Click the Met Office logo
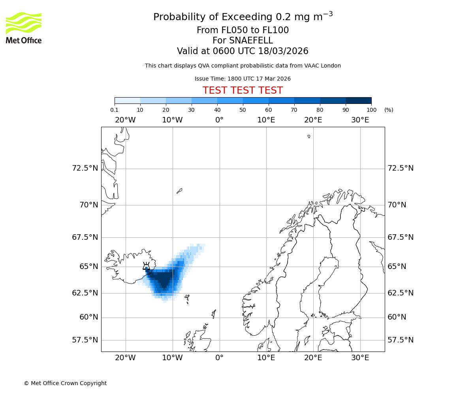24,28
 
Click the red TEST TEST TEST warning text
243,90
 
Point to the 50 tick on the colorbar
243,110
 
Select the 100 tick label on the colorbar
371,110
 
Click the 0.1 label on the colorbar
115,110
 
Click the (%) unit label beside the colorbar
389,110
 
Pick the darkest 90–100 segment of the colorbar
358,100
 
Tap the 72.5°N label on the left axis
85,168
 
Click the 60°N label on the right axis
397,317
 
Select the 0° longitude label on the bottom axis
219,358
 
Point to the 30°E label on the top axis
360,120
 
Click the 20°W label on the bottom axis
125,358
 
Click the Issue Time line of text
243,79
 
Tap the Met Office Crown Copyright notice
65,383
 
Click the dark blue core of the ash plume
163,280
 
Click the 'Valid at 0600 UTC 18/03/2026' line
243,51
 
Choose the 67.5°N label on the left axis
85,237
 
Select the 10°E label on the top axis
266,120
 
